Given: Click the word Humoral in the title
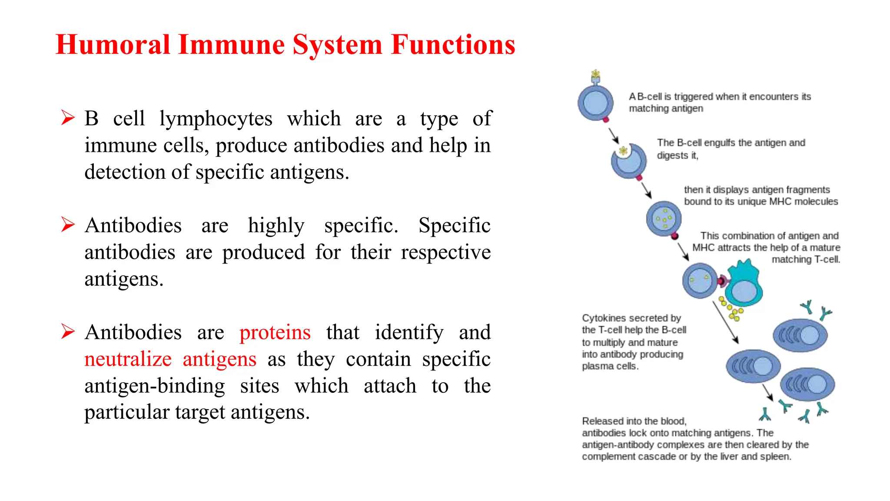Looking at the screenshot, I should (x=113, y=45).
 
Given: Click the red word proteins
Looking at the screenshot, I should (x=275, y=333).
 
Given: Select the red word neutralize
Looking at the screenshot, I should (x=128, y=360).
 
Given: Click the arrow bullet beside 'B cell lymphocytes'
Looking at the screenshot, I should (x=68, y=117).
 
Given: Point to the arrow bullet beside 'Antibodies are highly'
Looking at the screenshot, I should (x=68, y=224).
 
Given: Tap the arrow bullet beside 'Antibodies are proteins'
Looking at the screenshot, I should (x=68, y=331).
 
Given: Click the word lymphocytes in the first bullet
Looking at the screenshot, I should (x=216, y=119).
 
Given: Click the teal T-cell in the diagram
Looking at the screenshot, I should (x=744, y=285).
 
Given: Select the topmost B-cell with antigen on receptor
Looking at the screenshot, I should (x=595, y=103).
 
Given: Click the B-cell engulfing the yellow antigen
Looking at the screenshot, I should (x=628, y=161).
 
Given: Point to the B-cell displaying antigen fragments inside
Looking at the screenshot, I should (x=664, y=218).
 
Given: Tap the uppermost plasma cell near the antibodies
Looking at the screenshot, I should (x=800, y=335).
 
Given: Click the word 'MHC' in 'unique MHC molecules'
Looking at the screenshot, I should (x=780, y=202).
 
